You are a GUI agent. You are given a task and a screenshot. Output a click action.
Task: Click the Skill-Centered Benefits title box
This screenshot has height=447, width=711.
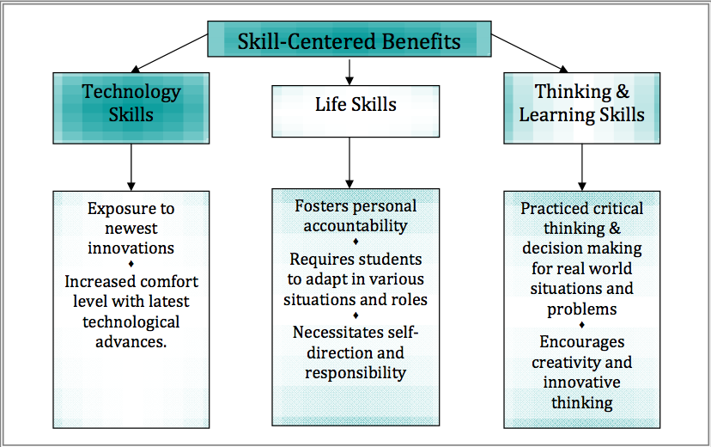tap(349, 40)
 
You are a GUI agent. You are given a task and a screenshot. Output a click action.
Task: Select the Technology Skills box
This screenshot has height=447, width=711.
tap(131, 107)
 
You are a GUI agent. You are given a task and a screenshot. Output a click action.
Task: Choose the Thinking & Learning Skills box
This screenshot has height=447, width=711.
tap(581, 107)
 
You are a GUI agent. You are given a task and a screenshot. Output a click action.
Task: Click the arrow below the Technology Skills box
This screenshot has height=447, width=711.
tap(131, 167)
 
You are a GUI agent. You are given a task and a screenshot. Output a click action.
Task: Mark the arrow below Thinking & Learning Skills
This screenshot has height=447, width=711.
tap(581, 167)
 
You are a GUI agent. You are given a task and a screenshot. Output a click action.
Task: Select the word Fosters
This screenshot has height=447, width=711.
tap(323, 206)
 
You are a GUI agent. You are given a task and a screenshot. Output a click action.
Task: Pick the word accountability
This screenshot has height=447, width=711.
tap(355, 226)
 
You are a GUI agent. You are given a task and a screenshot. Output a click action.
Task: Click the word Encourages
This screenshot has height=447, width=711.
tap(581, 342)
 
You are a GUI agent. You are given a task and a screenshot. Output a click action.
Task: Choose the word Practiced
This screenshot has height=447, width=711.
tap(553, 209)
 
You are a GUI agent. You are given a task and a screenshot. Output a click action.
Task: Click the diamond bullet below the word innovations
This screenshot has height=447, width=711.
tap(131, 264)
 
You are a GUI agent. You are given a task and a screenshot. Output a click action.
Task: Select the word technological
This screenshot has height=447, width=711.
tap(131, 321)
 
